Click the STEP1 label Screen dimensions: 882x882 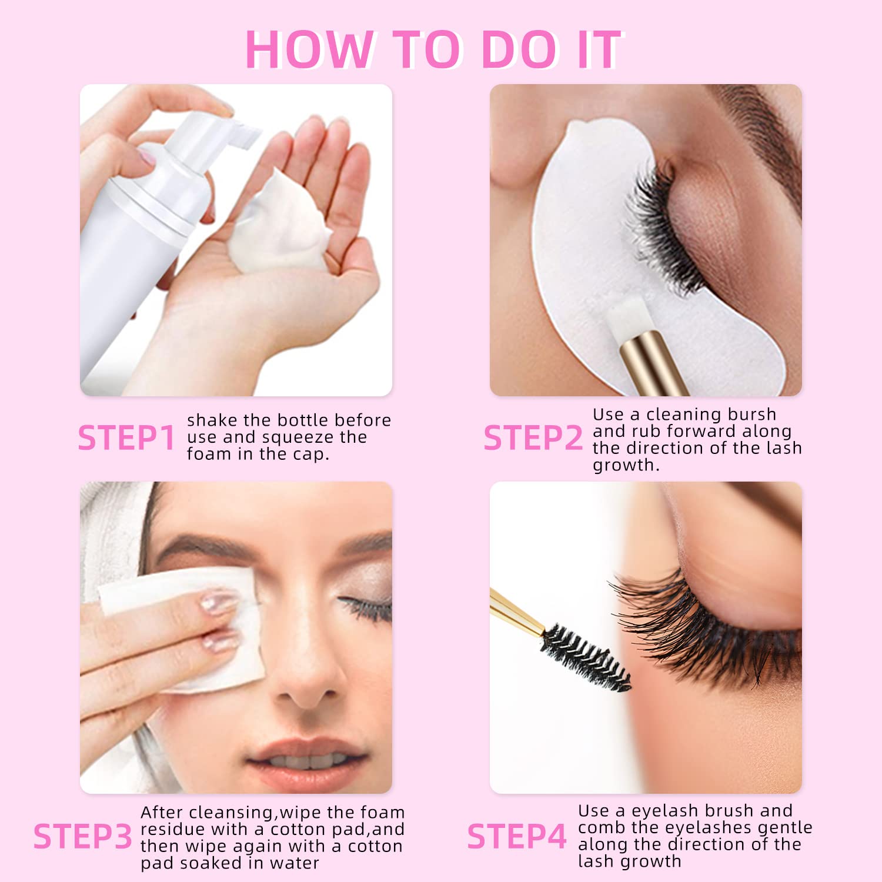click(126, 438)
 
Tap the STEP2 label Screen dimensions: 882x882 click(533, 438)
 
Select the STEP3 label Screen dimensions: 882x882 click(82, 837)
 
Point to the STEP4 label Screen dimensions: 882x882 click(517, 837)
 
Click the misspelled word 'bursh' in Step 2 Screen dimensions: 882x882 click(751, 415)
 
